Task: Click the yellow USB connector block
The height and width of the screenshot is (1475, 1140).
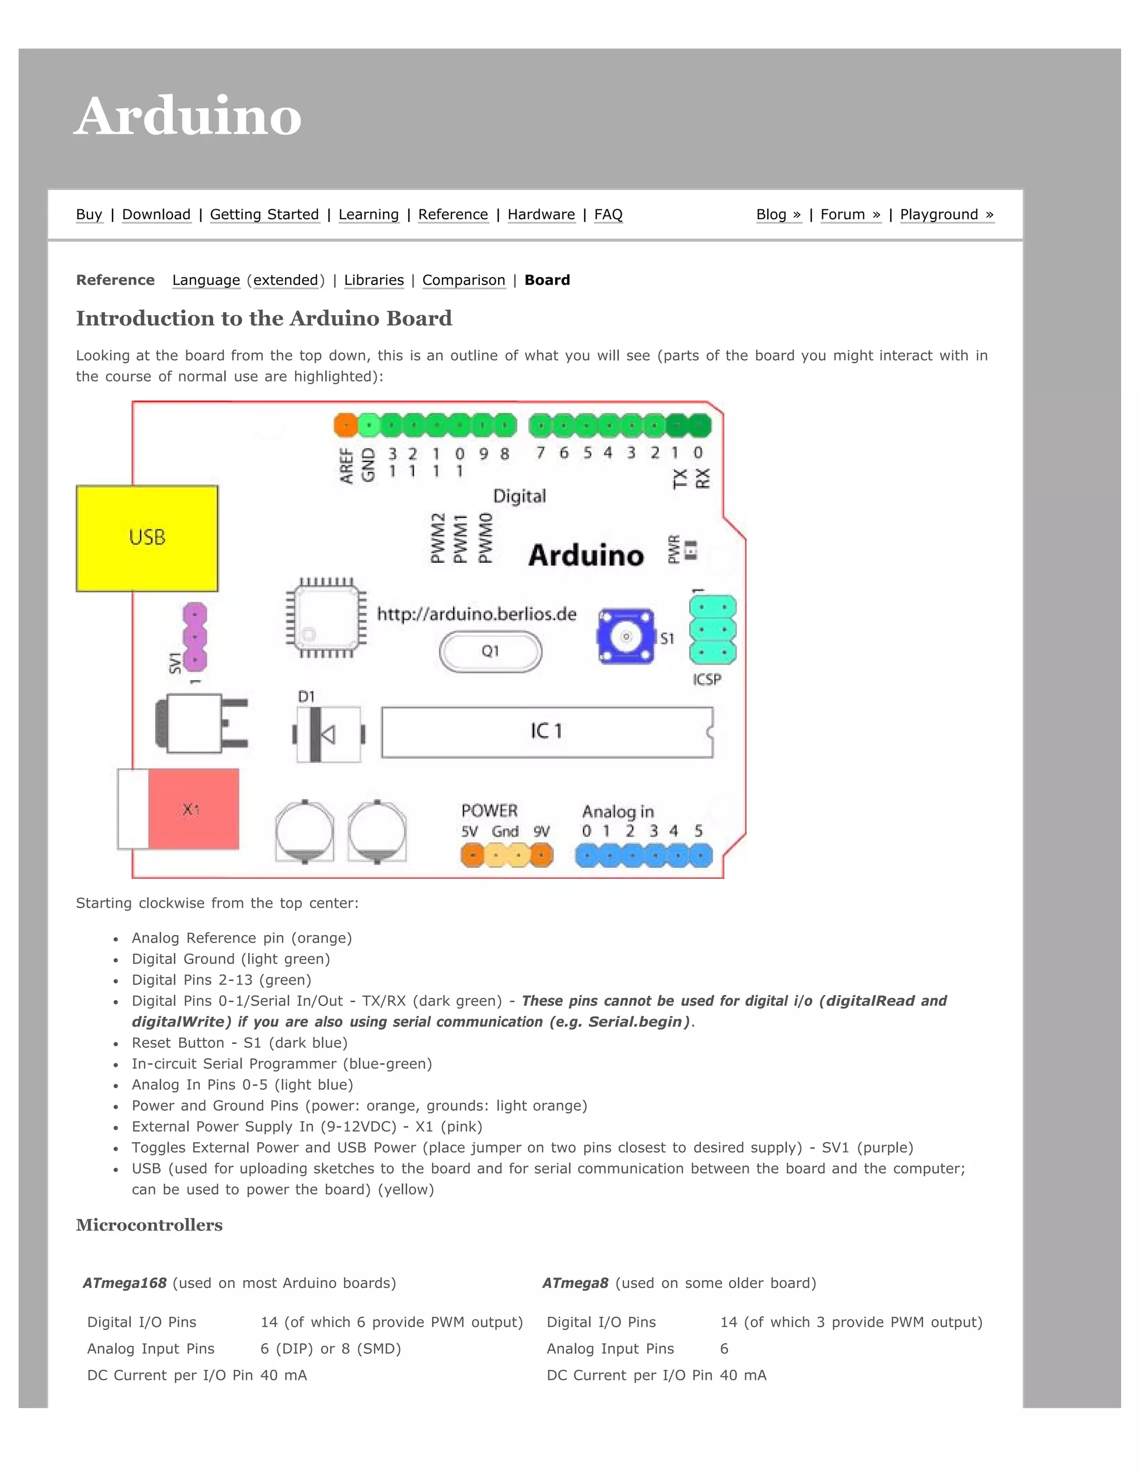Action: click(x=146, y=538)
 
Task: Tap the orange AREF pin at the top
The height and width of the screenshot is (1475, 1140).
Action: click(x=345, y=425)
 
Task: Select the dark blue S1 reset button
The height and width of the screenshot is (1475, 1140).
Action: click(x=626, y=637)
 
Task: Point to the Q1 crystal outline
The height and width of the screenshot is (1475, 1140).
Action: click(x=490, y=651)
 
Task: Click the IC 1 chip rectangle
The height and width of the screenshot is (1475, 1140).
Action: click(x=547, y=731)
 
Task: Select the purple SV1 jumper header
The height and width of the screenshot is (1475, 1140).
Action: click(x=194, y=636)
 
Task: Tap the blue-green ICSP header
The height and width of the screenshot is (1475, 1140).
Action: click(x=712, y=630)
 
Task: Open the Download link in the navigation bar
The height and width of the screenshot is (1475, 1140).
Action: click(x=156, y=214)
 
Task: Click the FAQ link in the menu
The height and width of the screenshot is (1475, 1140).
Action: click(x=608, y=214)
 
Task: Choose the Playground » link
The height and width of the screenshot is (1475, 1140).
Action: click(x=946, y=214)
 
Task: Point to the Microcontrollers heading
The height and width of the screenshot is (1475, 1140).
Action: click(x=149, y=1225)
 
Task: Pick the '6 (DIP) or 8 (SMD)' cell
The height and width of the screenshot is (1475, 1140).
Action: click(x=330, y=1348)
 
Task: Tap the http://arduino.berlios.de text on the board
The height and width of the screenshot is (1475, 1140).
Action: click(x=476, y=614)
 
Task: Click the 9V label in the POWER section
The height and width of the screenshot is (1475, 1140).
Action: click(x=541, y=832)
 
